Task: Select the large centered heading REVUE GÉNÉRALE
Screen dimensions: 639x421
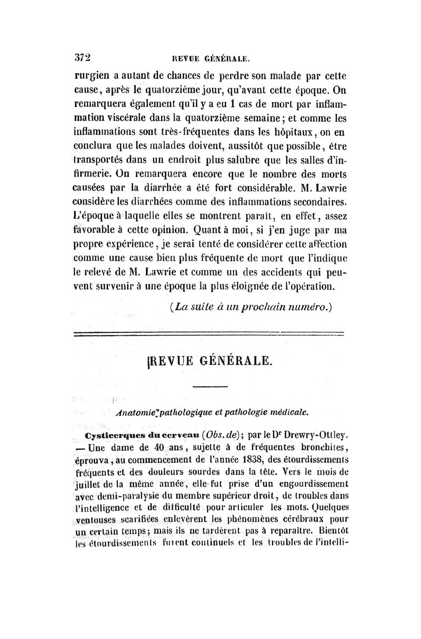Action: tap(210, 361)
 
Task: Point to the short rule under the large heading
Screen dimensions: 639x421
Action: tap(209, 388)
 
